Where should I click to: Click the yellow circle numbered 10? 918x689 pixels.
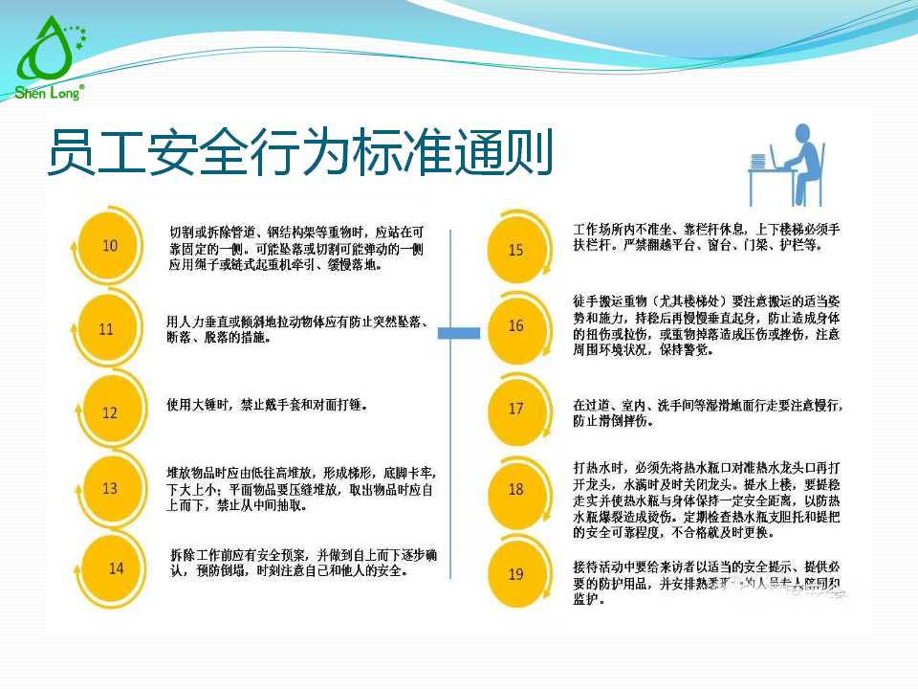(x=110, y=246)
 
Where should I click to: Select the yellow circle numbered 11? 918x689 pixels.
(x=106, y=329)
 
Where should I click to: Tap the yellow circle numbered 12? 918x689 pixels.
(x=110, y=412)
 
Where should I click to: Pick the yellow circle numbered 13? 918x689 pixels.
(x=110, y=488)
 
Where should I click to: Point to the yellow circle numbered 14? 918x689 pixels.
(x=116, y=567)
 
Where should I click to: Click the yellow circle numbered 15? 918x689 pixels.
(x=516, y=250)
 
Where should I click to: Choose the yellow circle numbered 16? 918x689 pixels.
(x=516, y=325)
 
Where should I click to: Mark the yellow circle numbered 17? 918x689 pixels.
(x=516, y=409)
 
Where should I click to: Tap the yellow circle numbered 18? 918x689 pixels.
(x=516, y=489)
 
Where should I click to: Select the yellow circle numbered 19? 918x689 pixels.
(x=516, y=574)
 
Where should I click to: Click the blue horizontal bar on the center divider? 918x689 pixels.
(x=459, y=332)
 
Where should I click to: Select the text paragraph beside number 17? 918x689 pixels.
(x=708, y=412)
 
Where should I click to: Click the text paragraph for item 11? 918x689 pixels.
(x=296, y=328)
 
